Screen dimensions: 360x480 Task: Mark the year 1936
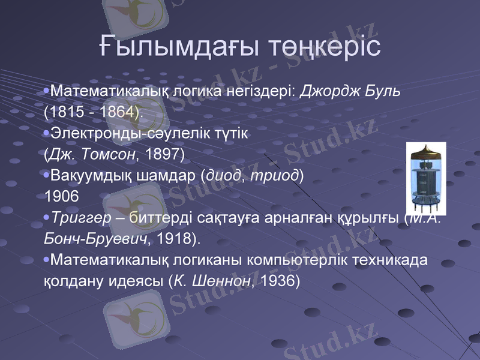pyautogui.click(x=276, y=280)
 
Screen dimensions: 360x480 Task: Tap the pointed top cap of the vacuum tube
pyautogui.click(x=427, y=148)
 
